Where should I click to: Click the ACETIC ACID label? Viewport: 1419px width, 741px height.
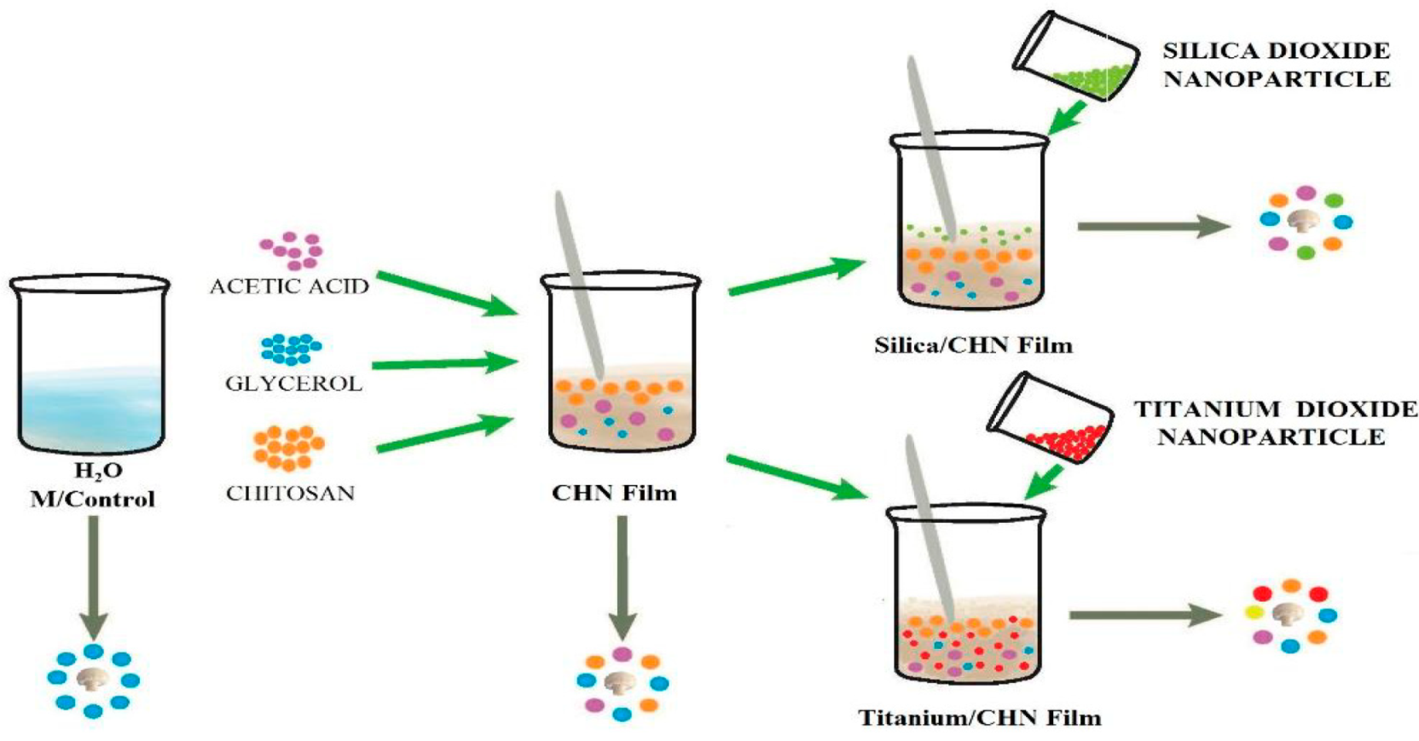pyautogui.click(x=289, y=287)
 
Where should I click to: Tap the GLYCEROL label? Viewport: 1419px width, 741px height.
pyautogui.click(x=293, y=384)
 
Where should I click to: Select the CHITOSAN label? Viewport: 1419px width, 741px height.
pyautogui.click(x=290, y=493)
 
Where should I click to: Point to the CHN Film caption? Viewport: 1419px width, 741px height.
pyautogui.click(x=614, y=493)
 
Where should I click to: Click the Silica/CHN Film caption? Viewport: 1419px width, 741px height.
pyautogui.click(x=973, y=345)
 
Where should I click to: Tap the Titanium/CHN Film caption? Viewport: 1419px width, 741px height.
pyautogui.click(x=980, y=717)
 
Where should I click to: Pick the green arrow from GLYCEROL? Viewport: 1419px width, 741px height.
pyautogui.click(x=443, y=363)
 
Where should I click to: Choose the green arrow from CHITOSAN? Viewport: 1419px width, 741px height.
pyautogui.click(x=443, y=432)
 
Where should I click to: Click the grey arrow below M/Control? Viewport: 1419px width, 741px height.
pyautogui.click(x=93, y=576)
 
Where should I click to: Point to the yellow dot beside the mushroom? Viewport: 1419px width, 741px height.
pyautogui.click(x=1254, y=612)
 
